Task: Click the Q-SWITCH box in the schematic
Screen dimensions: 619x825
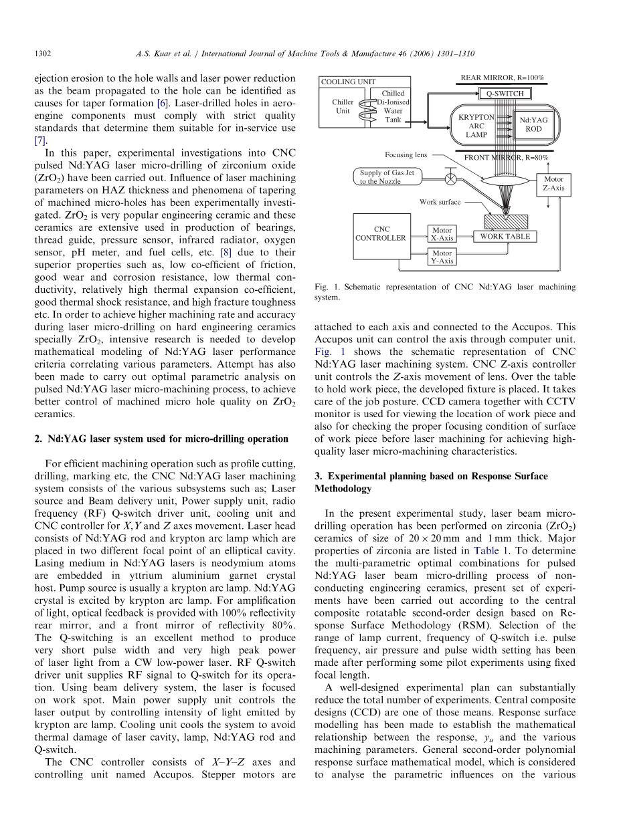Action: click(x=505, y=93)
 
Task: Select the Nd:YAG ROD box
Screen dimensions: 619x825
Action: click(x=533, y=125)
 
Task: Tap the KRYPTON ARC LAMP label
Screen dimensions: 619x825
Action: click(x=476, y=126)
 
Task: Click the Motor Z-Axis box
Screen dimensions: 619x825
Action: click(x=553, y=185)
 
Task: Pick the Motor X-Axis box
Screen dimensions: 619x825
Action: click(x=442, y=234)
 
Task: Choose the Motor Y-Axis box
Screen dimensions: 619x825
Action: click(x=442, y=257)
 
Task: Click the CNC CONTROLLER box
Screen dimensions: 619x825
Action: click(x=381, y=237)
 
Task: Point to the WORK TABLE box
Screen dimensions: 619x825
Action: click(x=505, y=237)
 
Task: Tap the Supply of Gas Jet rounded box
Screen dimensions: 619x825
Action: click(x=387, y=176)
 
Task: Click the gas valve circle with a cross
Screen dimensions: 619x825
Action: click(x=450, y=179)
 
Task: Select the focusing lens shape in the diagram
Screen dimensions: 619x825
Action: click(x=506, y=181)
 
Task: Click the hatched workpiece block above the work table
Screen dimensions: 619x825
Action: click(x=506, y=222)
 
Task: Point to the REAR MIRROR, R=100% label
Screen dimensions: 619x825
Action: click(x=503, y=78)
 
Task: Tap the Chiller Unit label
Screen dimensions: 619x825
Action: click(x=343, y=106)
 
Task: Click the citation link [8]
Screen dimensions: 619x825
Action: click(x=226, y=252)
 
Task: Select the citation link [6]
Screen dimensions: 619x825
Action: click(x=163, y=103)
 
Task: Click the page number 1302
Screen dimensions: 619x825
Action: click(x=43, y=53)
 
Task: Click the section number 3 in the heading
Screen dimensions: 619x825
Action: click(x=318, y=476)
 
